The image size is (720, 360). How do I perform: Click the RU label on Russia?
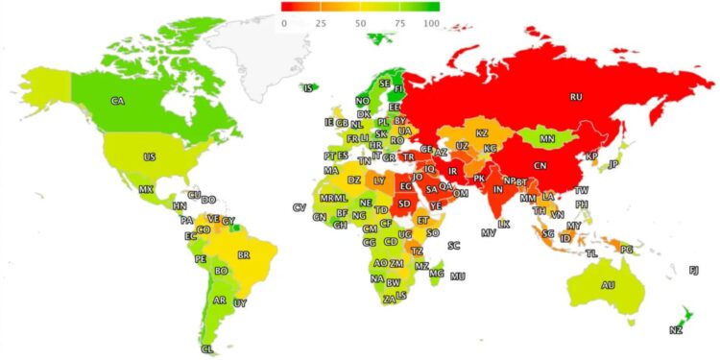[576, 98]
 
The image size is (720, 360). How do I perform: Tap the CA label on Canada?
[118, 101]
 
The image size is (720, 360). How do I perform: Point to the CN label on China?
[540, 164]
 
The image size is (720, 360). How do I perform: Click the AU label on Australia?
[608, 285]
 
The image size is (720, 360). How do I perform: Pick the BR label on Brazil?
[244, 255]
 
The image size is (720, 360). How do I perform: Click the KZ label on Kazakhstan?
[482, 132]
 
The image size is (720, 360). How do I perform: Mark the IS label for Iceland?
[308, 89]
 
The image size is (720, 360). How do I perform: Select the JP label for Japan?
[613, 164]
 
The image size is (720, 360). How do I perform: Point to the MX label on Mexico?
[146, 190]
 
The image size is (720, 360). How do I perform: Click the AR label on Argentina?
[220, 300]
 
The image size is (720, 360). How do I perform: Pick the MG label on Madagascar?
[437, 274]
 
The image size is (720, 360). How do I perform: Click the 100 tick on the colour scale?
[431, 22]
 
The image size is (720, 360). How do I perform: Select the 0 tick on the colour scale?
[285, 22]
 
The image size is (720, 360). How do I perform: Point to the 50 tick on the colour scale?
[359, 22]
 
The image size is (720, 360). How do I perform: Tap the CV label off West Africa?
[299, 208]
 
